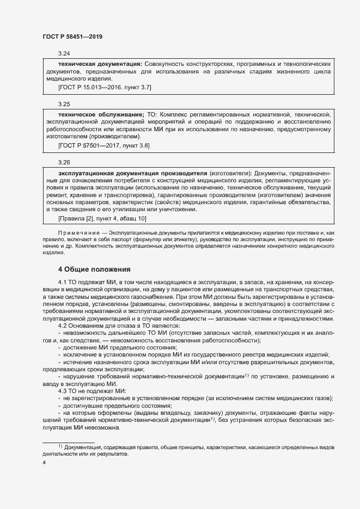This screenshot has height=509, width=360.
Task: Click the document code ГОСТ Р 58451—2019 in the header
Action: [x=72, y=36]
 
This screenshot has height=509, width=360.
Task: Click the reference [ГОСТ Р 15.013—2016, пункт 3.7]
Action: [x=105, y=87]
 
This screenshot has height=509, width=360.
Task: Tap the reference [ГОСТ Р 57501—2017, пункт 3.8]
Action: [x=103, y=146]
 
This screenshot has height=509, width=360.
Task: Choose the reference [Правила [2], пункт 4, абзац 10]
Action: [x=101, y=218]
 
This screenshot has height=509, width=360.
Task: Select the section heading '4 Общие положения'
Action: [x=94, y=269]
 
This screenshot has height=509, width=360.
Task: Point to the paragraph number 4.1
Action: [x=63, y=282]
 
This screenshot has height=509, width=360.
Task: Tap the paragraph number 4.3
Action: [x=63, y=391]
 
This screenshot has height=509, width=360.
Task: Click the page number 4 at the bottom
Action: [x=44, y=463]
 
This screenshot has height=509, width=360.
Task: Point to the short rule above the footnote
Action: [x=69, y=442]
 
